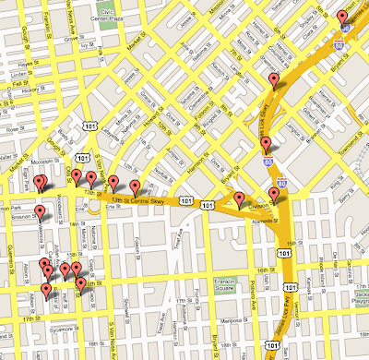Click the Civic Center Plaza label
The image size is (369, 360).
(x=134, y=16)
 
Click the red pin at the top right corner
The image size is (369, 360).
(x=341, y=16)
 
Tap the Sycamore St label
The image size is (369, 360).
(x=64, y=328)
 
